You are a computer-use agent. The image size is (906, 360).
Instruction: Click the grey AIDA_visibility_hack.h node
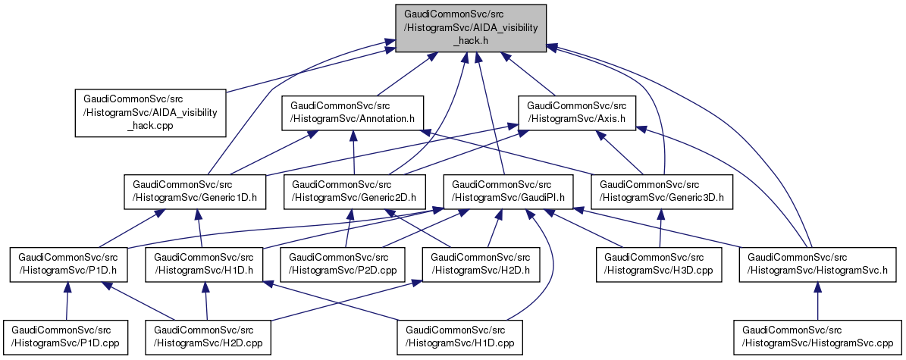pos(470,27)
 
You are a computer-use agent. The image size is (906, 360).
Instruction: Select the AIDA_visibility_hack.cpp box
pos(150,113)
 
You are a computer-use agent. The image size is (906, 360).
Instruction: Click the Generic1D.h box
pos(196,191)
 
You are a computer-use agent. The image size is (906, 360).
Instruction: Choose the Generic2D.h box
pos(355,191)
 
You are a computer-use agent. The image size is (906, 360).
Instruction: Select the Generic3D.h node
pos(663,191)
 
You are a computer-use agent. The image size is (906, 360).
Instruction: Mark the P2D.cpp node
pos(345,262)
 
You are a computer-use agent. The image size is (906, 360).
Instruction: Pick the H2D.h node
pos(480,262)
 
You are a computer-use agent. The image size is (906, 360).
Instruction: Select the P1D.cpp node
pos(65,337)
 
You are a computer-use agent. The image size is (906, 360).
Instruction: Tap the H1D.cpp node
pos(460,337)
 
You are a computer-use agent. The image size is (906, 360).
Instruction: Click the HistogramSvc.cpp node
pos(817,337)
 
